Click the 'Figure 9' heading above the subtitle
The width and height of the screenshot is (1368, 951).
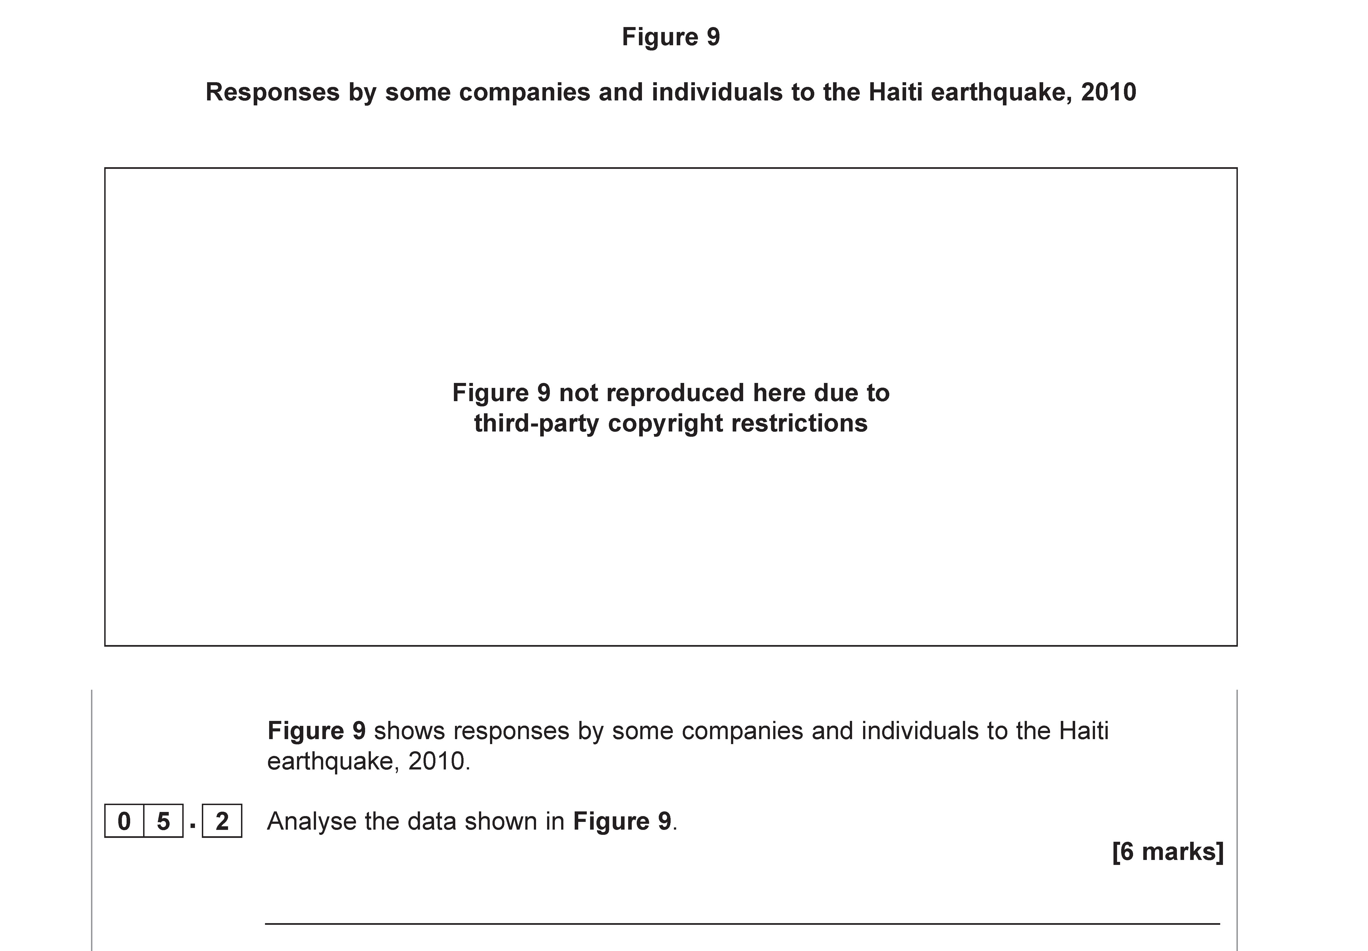(x=671, y=37)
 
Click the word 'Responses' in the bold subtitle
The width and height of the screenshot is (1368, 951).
(x=272, y=92)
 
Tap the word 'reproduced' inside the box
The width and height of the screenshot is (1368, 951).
(x=652, y=393)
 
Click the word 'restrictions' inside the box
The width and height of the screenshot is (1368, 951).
(x=799, y=424)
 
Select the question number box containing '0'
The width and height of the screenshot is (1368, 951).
(x=124, y=821)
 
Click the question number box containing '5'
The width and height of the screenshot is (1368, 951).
(x=163, y=821)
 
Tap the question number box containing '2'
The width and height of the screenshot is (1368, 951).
(x=221, y=821)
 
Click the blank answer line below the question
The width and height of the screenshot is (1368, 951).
(x=742, y=924)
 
